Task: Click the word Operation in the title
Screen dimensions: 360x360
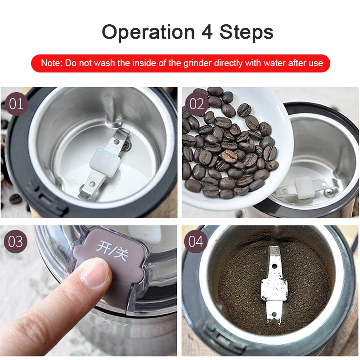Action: tap(148, 32)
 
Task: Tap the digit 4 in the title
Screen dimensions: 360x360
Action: tap(207, 32)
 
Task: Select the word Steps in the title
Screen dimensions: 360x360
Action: tap(247, 32)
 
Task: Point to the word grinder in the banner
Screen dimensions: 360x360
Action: tap(198, 63)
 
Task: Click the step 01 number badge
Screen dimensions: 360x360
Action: tap(16, 104)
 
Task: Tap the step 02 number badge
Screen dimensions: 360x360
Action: tap(197, 104)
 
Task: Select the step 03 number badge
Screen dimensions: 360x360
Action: tap(15, 242)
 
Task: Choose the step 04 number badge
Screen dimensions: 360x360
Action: tap(196, 242)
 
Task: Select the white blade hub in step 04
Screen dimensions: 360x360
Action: tap(274, 289)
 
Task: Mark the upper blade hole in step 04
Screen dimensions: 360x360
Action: tap(274, 266)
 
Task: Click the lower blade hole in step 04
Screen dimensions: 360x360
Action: tap(274, 314)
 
